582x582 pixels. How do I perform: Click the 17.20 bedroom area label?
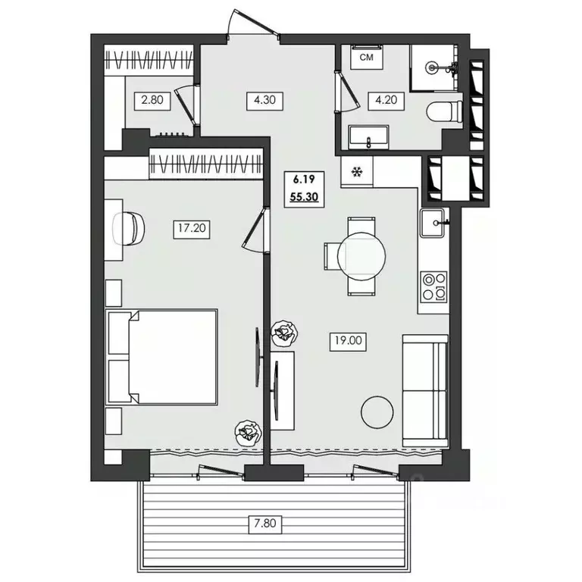point(192,228)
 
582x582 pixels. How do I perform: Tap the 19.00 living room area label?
point(348,340)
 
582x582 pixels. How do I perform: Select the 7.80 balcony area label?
point(265,524)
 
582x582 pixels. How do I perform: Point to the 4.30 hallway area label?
point(264,100)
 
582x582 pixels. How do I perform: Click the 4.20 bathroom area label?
point(386,100)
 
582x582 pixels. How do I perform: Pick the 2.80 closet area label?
point(152,100)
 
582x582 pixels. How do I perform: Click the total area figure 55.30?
point(305,197)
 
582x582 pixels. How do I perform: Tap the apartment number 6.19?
point(304,180)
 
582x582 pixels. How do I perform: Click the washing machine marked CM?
point(366,56)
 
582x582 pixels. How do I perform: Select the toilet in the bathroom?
point(444,111)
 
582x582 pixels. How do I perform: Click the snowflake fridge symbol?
point(357,172)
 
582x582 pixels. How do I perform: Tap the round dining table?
point(361,256)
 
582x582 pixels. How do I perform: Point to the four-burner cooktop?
point(434,286)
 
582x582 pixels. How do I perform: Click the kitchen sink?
point(432,223)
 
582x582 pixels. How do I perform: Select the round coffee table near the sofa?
point(377,412)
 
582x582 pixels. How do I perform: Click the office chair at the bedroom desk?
point(129,229)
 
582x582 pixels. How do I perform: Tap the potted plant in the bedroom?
point(248,433)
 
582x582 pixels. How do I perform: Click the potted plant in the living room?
point(284,333)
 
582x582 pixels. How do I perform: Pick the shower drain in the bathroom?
point(431,67)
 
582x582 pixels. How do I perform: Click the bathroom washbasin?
point(368,137)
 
